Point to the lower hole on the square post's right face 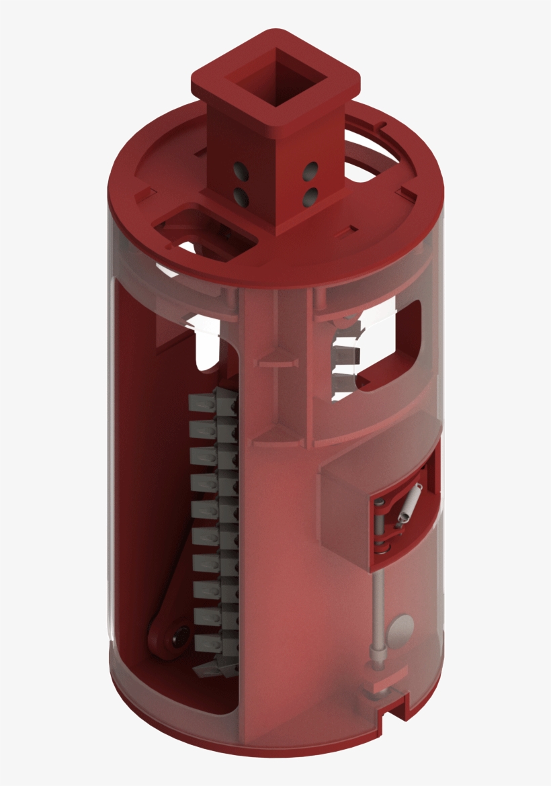point(310,195)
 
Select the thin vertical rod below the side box point(379,605)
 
